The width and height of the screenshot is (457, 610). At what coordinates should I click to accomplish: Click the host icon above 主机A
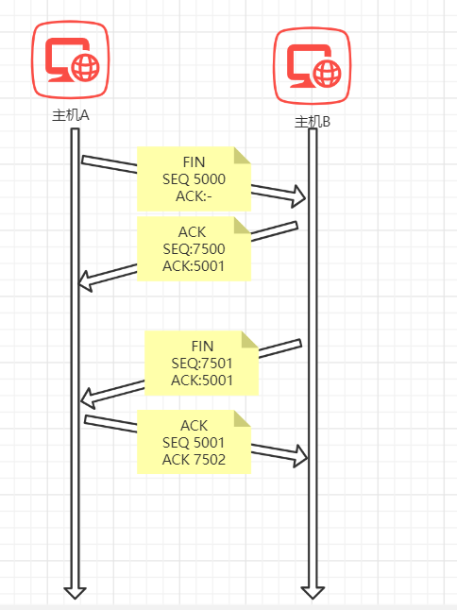coord(71,59)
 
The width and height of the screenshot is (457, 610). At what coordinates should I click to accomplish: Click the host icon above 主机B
coord(313,66)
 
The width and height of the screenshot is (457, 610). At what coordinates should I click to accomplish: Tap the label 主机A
coord(71,115)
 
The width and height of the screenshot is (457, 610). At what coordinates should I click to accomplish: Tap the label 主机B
coord(313,122)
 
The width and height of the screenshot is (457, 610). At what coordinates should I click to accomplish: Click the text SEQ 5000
coord(194,179)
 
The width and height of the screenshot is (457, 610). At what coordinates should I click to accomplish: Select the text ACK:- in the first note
coord(194,196)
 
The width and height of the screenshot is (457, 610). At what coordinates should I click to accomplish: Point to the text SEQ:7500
coord(194,249)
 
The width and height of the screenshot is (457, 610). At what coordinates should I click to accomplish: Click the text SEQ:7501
coord(202,364)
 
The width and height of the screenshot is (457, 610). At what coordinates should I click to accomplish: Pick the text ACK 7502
coord(194,460)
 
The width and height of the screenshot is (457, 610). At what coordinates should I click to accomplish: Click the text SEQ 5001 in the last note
coord(194,442)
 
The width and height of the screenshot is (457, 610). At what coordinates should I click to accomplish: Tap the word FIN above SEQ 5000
coord(194,162)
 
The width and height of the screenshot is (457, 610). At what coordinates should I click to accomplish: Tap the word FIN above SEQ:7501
coord(202,347)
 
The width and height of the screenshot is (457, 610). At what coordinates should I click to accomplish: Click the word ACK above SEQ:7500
coord(192,232)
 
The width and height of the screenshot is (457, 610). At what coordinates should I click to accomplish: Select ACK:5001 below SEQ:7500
coord(194,266)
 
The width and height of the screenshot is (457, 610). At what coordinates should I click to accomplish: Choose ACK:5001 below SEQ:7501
coord(202,381)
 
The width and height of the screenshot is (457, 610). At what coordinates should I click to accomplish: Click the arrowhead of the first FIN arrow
coord(299,196)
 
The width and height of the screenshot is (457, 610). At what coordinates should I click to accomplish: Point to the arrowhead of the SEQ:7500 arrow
coord(85,280)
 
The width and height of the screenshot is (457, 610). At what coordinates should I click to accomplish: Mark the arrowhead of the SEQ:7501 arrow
coord(88,398)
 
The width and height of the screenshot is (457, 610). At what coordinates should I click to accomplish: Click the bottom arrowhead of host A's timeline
coord(75,593)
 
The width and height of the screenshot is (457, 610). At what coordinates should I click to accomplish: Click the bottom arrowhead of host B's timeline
coord(313,593)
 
